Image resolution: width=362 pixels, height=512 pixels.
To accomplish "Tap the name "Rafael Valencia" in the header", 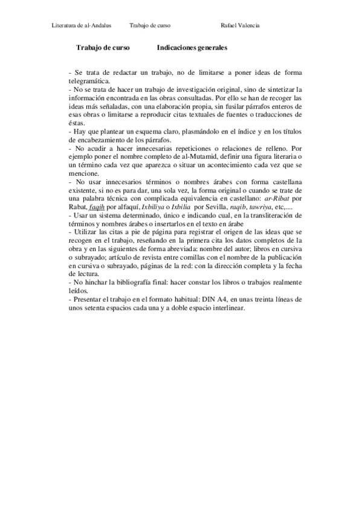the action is point(241,25).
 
